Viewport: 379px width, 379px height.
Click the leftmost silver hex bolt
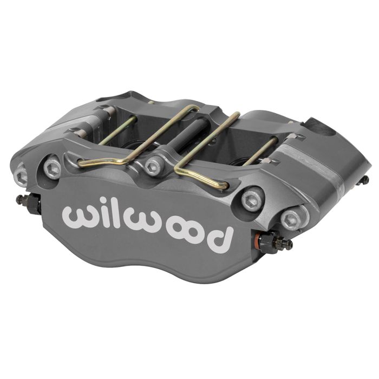tap(21, 173)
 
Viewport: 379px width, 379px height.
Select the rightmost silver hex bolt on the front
tap(290, 220)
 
